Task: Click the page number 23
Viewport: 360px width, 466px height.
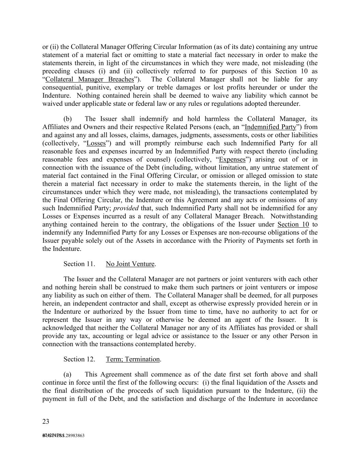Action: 46,422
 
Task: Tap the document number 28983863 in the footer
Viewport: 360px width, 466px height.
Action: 73,436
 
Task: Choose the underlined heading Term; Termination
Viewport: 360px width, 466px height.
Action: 133,359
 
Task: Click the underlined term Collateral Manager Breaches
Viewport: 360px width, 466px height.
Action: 89,80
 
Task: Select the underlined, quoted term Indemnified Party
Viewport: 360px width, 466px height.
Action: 271,127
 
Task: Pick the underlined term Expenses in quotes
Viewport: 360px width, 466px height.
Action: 232,159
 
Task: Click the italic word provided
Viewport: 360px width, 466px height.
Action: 126,208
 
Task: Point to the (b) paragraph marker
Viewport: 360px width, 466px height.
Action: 68,119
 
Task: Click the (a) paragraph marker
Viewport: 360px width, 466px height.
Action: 68,375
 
